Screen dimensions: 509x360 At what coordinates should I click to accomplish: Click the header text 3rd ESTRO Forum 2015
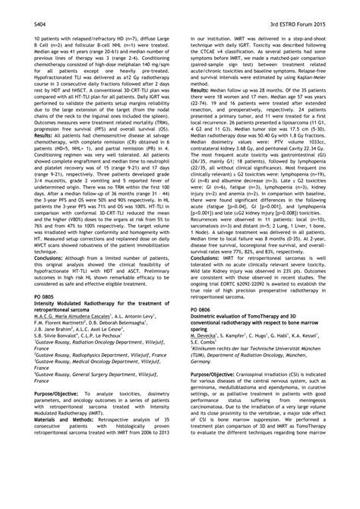pos(307,14)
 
